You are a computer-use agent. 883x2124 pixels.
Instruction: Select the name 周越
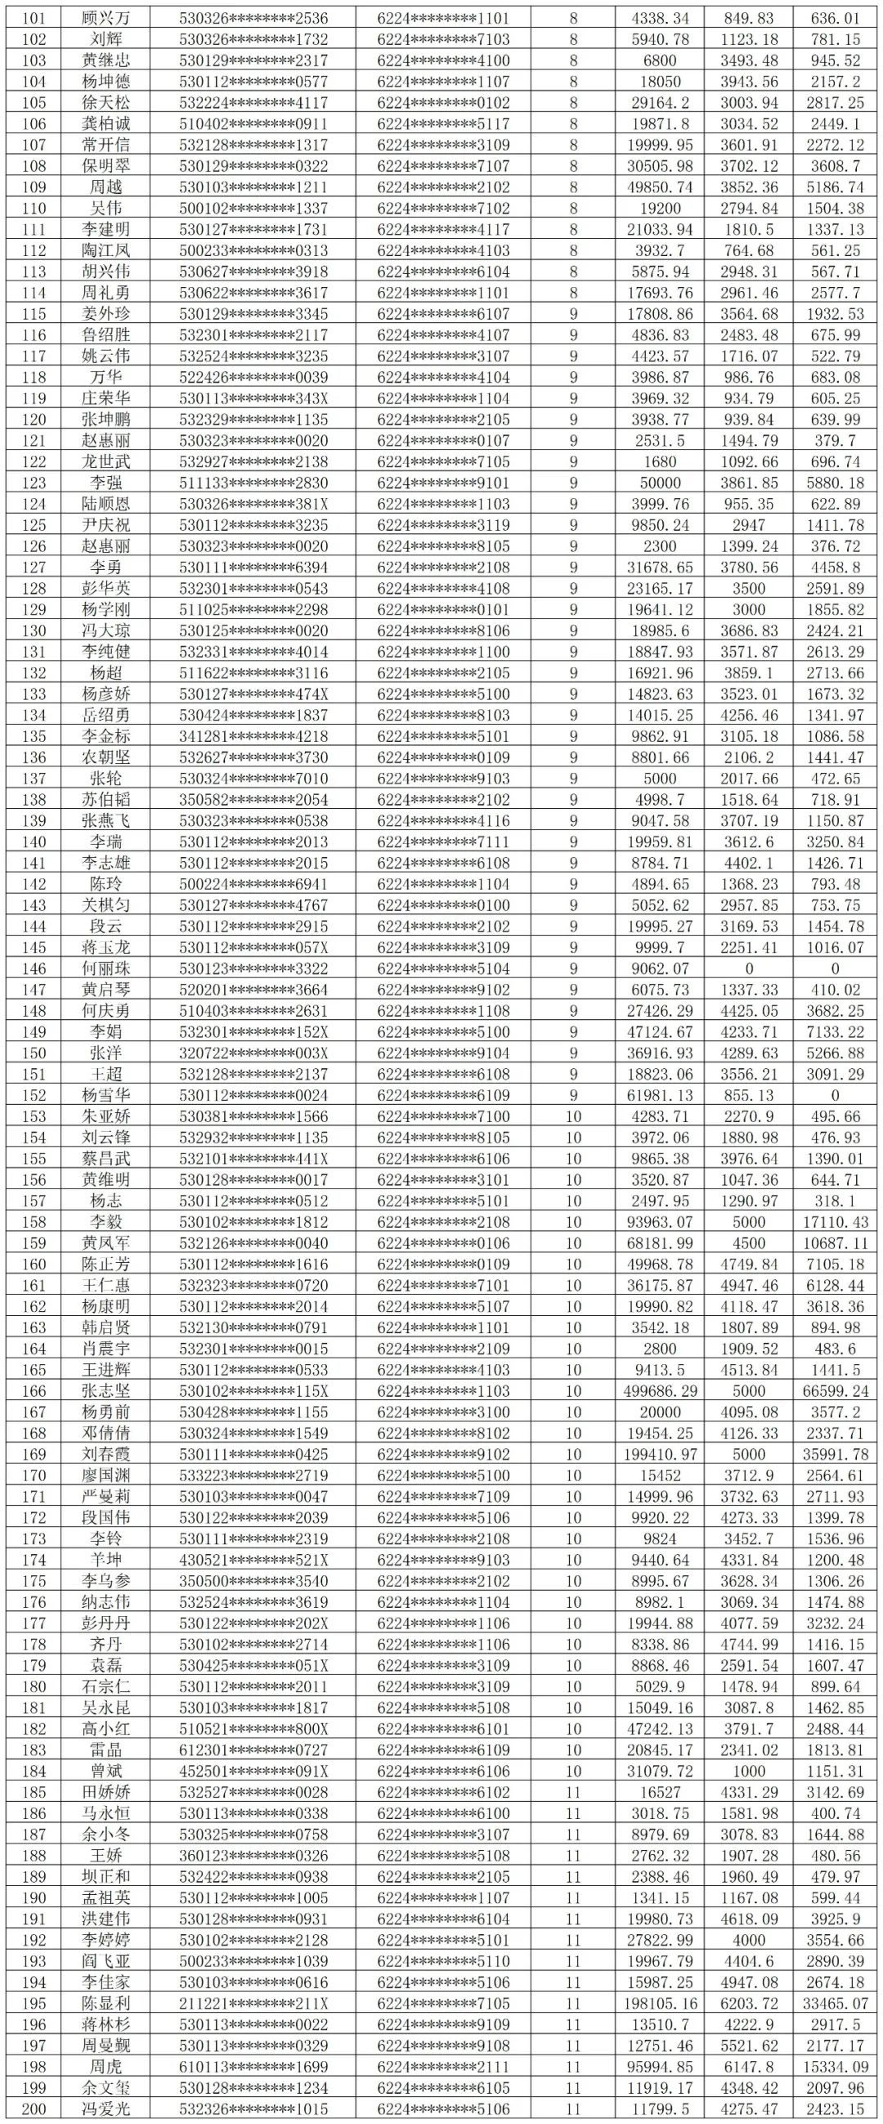106,187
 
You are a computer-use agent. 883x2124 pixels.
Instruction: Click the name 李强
106,483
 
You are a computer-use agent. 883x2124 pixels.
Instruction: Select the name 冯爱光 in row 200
106,2109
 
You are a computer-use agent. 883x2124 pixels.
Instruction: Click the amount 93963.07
660,1222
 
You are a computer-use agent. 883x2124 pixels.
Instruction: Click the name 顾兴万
106,18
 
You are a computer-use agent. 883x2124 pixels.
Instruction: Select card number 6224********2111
444,2067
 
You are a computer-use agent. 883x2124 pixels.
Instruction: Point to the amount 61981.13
660,1095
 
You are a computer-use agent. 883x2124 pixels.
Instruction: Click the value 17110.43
836,1222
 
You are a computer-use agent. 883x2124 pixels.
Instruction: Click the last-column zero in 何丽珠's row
836,969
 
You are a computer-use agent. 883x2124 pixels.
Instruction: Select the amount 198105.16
660,2004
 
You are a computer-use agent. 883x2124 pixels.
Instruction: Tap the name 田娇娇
106,1793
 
